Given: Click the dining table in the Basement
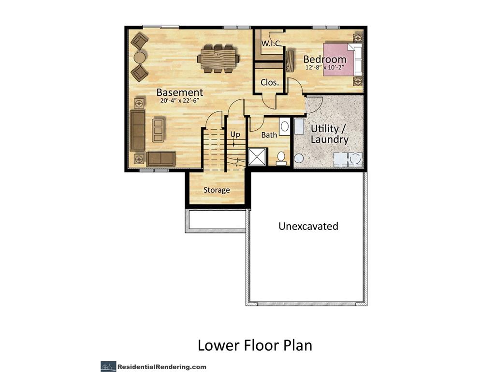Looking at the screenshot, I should pos(218,59).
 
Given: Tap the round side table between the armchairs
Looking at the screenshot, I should pos(139,58).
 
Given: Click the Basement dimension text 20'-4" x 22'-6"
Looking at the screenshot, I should pos(179,102).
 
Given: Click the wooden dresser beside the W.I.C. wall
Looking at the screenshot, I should pos(290,61).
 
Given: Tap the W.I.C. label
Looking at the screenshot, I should pos(272,44).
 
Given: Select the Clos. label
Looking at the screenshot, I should pos(269,82).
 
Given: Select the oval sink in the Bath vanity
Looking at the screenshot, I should pos(285,127).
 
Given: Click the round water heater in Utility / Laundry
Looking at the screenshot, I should pos(299,158).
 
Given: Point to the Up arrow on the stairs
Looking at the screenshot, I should pos(234,141).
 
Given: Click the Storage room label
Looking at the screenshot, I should pos(216,190).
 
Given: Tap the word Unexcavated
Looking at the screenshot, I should pos(308,226).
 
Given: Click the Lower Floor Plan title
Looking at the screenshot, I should pos(254,345).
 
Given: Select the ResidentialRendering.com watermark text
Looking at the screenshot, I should pos(161,367).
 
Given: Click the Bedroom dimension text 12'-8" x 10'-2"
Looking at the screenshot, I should pos(324,68).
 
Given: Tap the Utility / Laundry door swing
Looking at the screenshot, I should pos(314,104).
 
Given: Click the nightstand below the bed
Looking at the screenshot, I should pos(357,80).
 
